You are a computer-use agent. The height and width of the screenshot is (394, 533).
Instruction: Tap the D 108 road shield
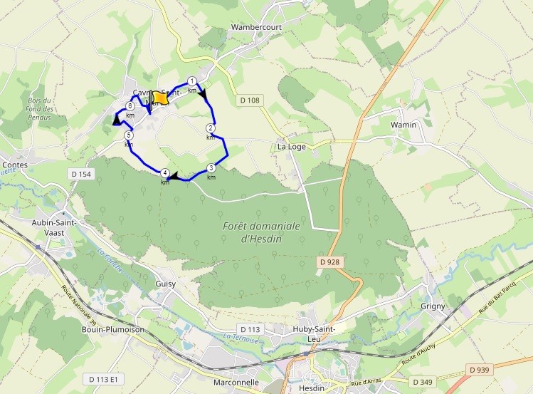coord(249,100)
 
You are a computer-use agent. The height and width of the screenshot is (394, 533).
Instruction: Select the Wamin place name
coord(403,125)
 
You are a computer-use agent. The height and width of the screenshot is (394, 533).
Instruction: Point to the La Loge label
coord(290,147)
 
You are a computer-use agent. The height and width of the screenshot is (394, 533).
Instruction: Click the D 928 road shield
coord(330,262)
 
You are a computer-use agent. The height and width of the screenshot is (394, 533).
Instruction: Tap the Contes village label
coord(15,164)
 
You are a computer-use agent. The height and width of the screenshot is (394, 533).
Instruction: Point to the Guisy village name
coord(165,284)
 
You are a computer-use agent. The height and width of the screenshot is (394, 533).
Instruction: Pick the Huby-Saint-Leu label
coord(314,334)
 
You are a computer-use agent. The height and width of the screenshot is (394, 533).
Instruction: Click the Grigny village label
coord(433,306)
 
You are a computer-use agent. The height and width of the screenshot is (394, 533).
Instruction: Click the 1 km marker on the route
coord(191,81)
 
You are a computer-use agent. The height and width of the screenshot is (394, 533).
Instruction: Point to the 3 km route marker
coord(211,168)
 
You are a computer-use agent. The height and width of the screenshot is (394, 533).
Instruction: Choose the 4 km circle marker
coord(165,173)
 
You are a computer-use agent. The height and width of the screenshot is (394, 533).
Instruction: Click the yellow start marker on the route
coord(160,98)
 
